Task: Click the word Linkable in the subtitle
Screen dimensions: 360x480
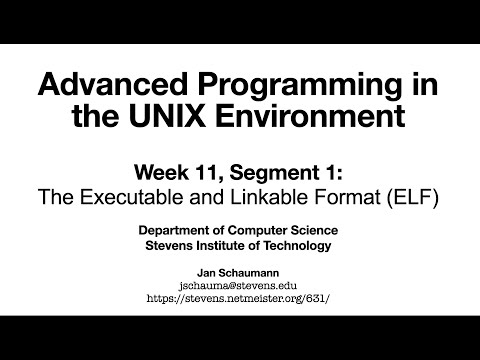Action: (263, 193)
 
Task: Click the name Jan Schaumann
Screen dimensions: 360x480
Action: (240, 272)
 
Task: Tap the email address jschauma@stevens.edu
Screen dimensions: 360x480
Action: (240, 284)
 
